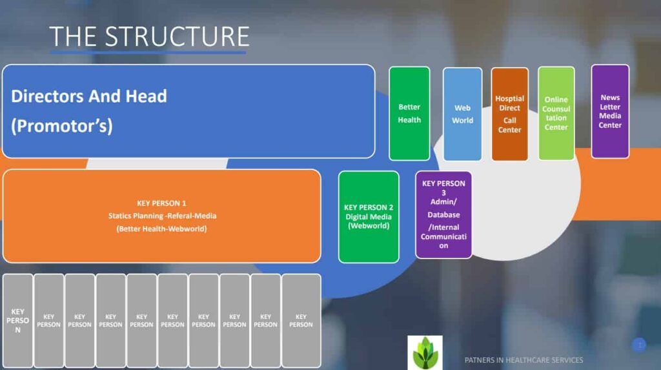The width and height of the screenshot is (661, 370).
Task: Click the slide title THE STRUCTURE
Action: [149, 37]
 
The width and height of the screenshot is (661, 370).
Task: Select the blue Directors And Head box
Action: [188, 110]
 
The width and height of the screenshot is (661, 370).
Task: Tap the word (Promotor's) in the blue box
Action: [62, 126]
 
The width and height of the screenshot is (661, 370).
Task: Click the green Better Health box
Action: [409, 114]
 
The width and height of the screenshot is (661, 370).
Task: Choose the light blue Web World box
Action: [462, 114]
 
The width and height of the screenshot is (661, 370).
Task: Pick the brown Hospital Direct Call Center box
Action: [509, 114]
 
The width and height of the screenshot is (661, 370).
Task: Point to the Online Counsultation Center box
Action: [556, 114]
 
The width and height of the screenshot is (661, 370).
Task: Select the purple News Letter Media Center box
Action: [610, 111]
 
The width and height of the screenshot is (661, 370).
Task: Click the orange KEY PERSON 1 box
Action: [161, 216]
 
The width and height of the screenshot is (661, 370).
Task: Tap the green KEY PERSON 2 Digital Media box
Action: [369, 217]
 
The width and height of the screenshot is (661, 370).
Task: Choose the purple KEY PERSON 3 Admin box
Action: [443, 214]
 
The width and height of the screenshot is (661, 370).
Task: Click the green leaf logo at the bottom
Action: [425, 352]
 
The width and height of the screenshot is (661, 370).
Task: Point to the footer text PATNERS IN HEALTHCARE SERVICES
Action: [524, 360]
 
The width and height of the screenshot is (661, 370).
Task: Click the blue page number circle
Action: [639, 345]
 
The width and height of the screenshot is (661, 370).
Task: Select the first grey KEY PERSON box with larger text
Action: [18, 321]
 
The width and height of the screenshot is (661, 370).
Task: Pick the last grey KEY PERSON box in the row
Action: [301, 321]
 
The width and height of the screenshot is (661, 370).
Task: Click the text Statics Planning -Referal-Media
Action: [161, 216]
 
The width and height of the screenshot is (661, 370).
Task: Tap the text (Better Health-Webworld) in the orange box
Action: [161, 229]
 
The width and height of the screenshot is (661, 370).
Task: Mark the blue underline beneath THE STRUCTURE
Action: [148, 52]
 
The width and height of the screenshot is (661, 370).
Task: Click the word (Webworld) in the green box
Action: [369, 226]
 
